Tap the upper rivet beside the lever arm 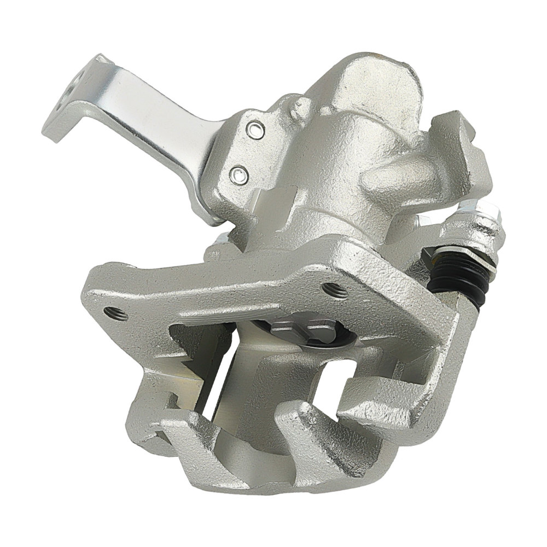(254, 130)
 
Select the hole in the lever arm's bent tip (71, 88)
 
